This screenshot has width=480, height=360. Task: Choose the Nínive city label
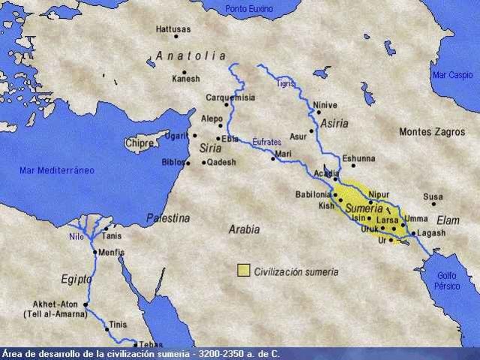point(325,105)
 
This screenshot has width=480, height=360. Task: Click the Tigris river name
point(284,83)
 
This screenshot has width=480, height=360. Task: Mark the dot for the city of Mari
point(274,158)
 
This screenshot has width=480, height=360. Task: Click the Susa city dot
point(433,204)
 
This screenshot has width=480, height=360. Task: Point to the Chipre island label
point(139,142)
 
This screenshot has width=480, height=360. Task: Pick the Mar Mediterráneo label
point(57,170)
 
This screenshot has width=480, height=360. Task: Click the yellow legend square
point(243,271)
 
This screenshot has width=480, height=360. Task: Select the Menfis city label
point(111,253)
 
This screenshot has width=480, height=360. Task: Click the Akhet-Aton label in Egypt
point(51,304)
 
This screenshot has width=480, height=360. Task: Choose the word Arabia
point(244,229)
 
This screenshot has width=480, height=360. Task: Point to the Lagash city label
point(432,233)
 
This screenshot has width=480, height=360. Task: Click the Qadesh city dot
point(203,162)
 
